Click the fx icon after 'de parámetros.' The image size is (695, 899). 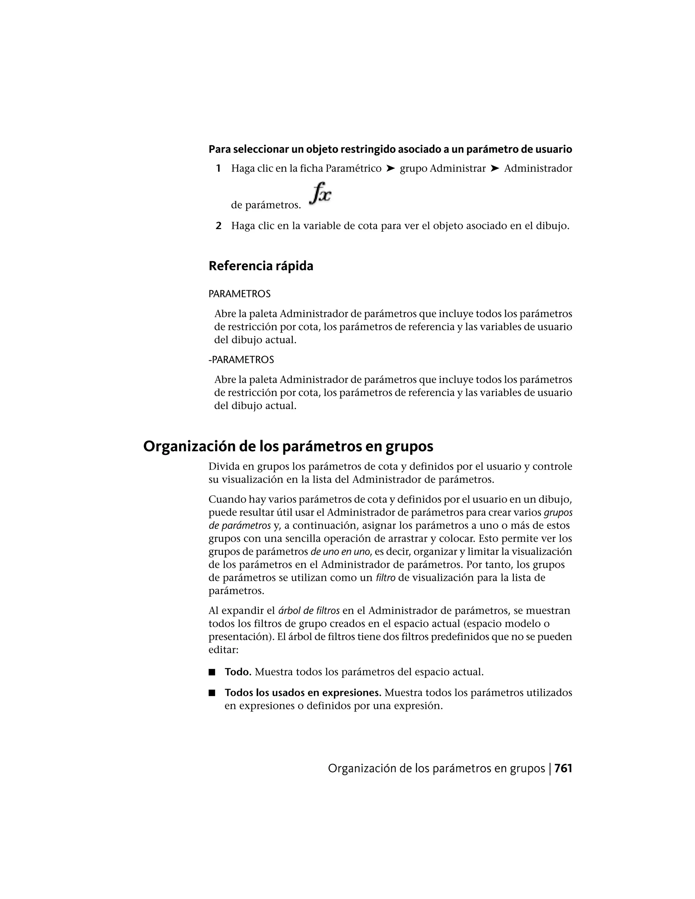point(321,193)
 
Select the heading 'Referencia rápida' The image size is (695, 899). point(261,266)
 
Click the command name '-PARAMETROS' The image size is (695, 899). point(241,360)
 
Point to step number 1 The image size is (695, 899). point(218,168)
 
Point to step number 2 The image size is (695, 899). point(219,226)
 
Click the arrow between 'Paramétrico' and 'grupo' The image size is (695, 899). point(391,168)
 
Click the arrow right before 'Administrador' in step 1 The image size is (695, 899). point(495,168)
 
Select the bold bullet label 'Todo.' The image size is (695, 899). point(238,672)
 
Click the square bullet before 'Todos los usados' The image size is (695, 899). point(212,693)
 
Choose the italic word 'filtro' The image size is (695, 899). point(386,577)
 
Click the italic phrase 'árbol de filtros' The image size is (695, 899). point(309,610)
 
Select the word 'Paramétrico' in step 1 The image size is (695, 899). point(353,168)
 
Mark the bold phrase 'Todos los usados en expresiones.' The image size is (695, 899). point(303,693)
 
